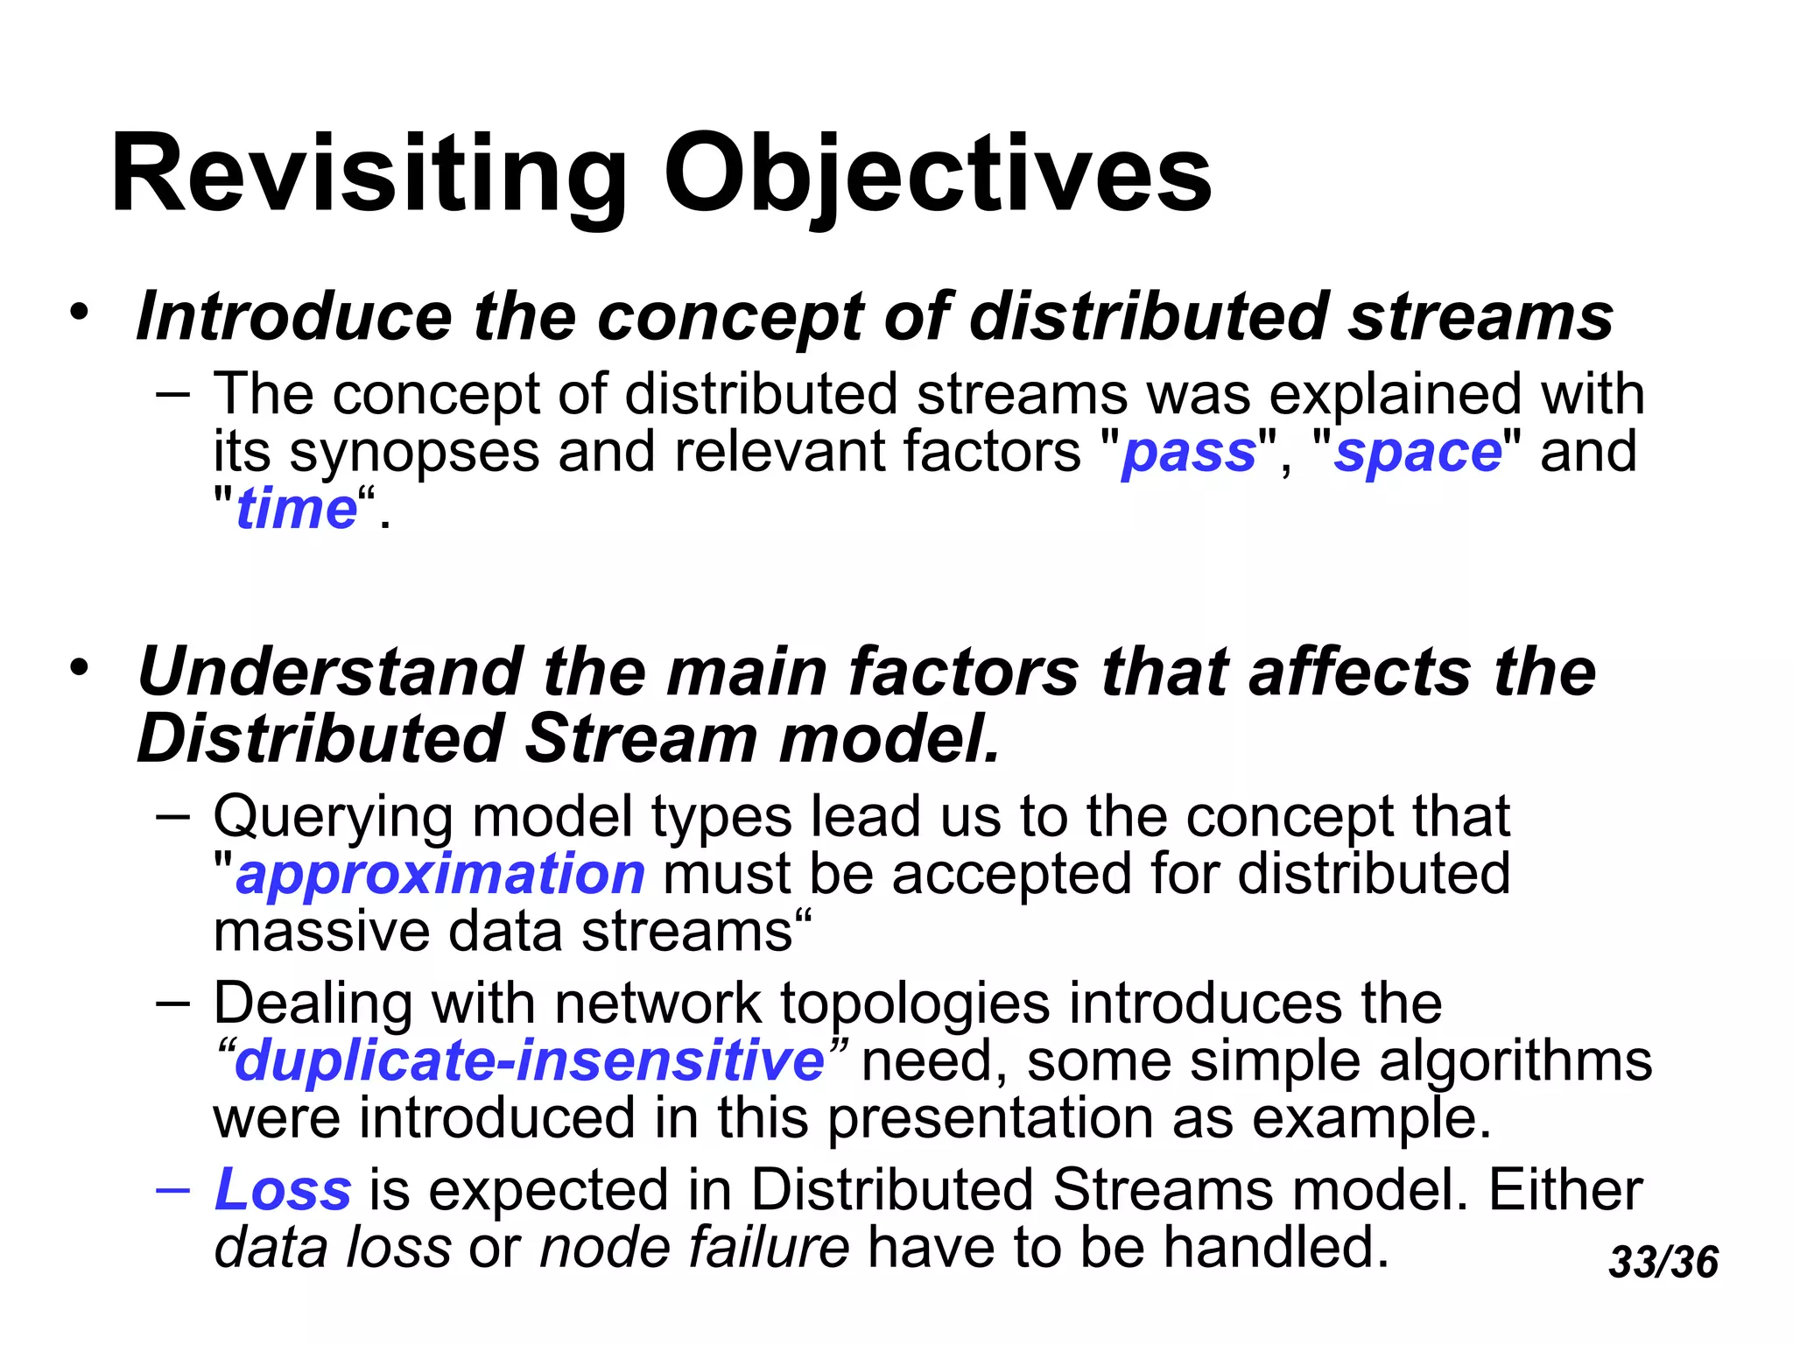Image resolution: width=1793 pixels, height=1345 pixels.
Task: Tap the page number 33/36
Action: pos(1663,1262)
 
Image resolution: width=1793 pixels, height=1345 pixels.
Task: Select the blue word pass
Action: pos(1189,453)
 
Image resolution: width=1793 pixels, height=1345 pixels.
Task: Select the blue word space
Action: pos(1417,453)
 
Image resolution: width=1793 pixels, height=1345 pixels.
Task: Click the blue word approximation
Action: pos(440,874)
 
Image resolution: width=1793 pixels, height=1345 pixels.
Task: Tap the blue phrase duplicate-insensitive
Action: pos(530,1060)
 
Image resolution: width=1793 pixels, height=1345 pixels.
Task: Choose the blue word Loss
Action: pos(284,1190)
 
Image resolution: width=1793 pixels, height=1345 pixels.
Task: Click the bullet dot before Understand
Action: pos(80,667)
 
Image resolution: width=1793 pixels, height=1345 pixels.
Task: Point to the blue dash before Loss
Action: pos(172,1190)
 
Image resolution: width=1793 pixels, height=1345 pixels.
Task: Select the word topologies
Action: pos(914,1003)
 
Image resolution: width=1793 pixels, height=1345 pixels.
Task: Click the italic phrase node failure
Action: pos(693,1247)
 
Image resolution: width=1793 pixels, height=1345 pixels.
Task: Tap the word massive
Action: pos(321,931)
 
